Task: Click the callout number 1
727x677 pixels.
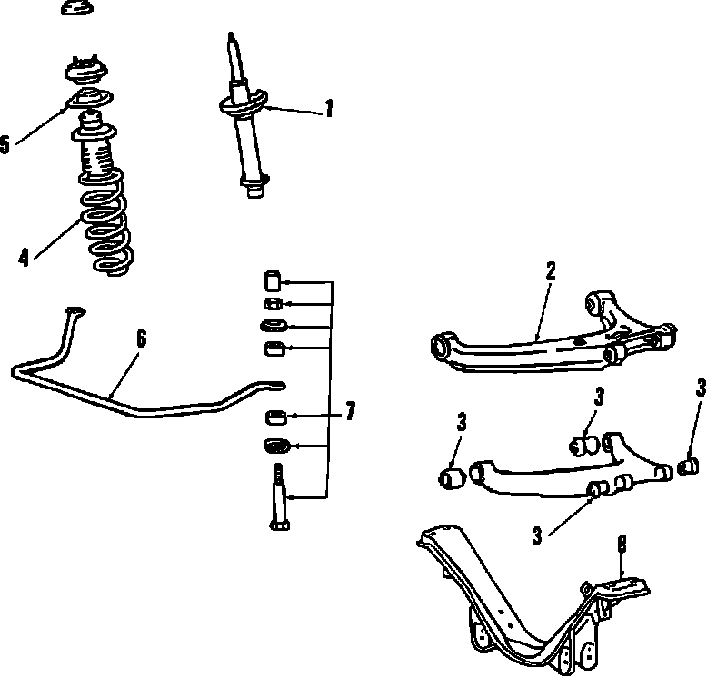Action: click(328, 111)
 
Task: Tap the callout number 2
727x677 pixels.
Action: click(550, 271)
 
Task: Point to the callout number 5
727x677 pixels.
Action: click(5, 144)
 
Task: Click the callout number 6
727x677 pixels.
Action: click(141, 339)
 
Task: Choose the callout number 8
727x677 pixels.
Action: click(622, 545)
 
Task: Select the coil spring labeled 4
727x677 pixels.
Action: click(105, 231)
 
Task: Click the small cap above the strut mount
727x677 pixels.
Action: click(77, 8)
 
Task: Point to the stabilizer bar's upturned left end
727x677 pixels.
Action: click(73, 313)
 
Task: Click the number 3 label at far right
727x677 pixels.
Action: click(701, 388)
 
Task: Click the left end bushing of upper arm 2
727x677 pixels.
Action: click(443, 345)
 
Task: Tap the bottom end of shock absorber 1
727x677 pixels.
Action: click(254, 190)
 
